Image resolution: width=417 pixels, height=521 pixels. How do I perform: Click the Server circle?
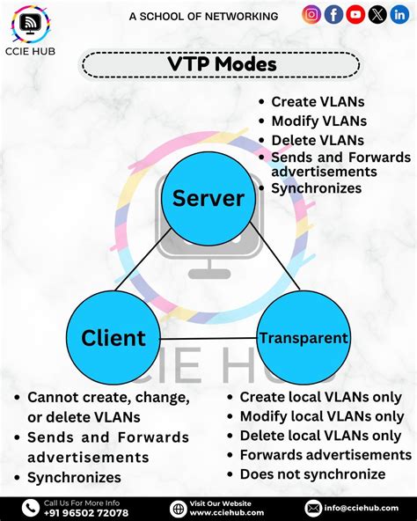point(208,199)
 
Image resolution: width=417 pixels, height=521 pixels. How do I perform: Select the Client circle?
point(113,337)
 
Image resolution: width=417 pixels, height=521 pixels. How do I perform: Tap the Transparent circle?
point(303,337)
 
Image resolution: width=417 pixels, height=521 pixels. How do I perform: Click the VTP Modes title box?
point(221,64)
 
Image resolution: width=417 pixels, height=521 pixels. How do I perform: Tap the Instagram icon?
point(311,14)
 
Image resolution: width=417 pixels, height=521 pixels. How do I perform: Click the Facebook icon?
point(333,14)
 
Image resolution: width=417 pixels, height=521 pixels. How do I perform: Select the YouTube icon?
point(355,14)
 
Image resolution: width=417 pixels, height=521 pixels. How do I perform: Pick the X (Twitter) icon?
point(377,14)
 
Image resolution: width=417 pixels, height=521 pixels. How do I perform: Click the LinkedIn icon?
point(399,14)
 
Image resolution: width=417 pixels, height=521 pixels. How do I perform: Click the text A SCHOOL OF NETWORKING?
point(203,16)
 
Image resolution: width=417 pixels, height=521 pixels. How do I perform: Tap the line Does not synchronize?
point(312,474)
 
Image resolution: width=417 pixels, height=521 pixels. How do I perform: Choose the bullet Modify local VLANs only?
point(321,416)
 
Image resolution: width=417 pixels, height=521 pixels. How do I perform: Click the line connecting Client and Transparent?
point(208,338)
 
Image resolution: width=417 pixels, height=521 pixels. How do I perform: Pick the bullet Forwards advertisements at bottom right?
point(326,455)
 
